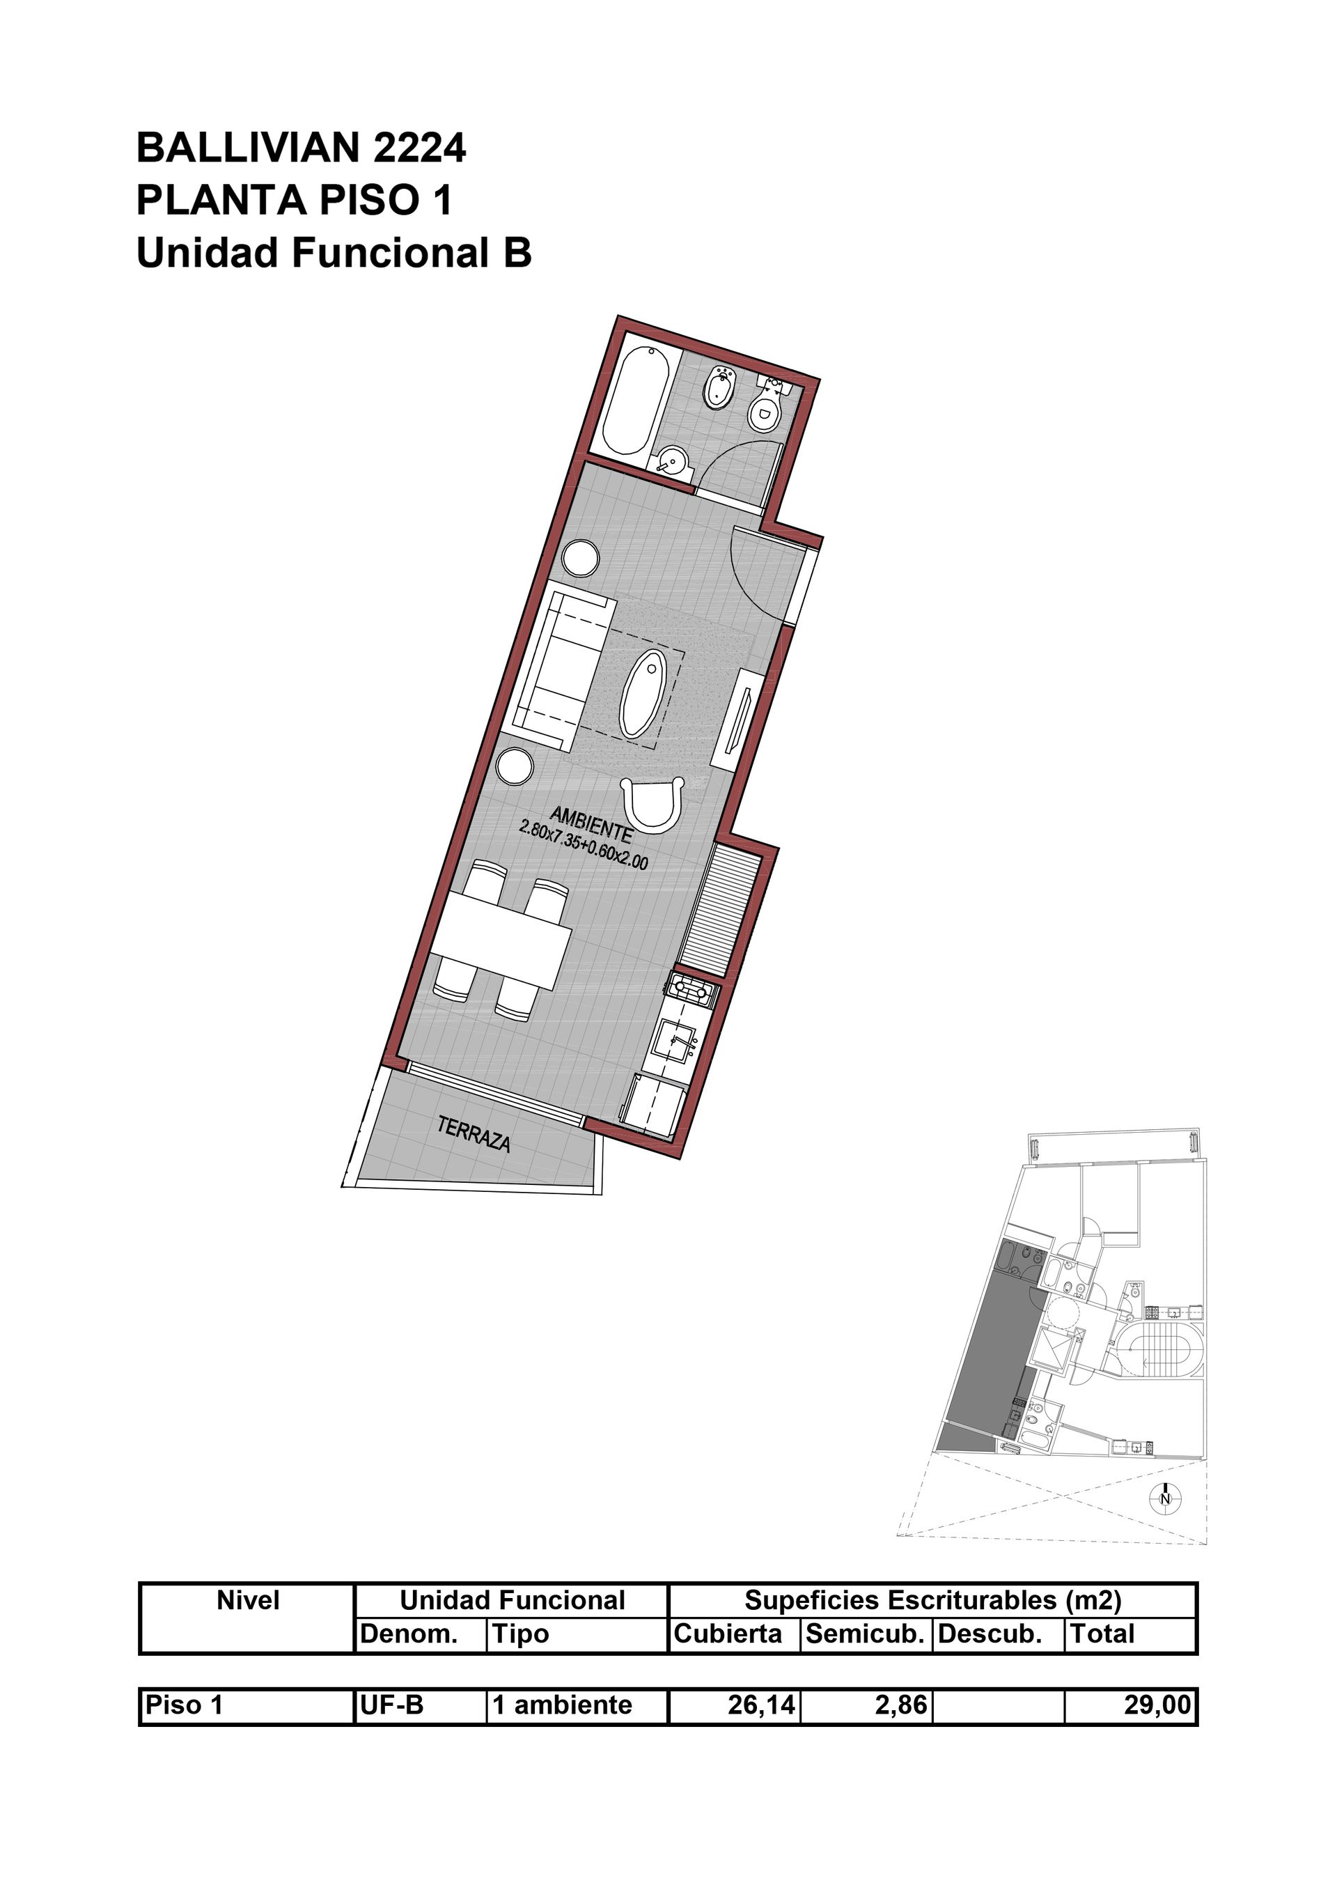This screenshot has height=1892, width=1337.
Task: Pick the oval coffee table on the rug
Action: (643, 694)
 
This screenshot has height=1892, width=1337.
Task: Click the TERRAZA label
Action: (474, 1134)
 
